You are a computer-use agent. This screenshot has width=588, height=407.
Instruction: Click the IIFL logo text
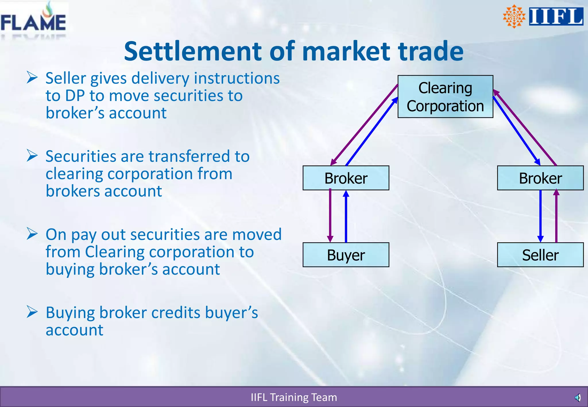click(x=556, y=17)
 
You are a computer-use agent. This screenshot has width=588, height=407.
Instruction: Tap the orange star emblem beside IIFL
click(x=514, y=16)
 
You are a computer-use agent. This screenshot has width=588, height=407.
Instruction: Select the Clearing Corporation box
click(x=445, y=97)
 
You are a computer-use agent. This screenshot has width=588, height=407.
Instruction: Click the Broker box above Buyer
click(x=346, y=178)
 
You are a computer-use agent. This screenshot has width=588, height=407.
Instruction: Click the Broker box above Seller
click(x=540, y=178)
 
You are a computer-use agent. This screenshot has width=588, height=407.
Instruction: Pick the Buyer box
click(x=346, y=255)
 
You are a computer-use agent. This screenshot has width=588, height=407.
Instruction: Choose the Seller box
click(x=540, y=255)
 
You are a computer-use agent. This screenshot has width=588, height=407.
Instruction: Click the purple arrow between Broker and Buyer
click(x=330, y=215)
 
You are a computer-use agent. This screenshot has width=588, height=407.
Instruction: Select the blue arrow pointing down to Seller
click(x=540, y=215)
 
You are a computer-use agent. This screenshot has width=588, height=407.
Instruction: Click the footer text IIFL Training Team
click(x=294, y=398)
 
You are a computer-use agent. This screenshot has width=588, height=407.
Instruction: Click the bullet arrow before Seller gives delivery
click(x=32, y=77)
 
